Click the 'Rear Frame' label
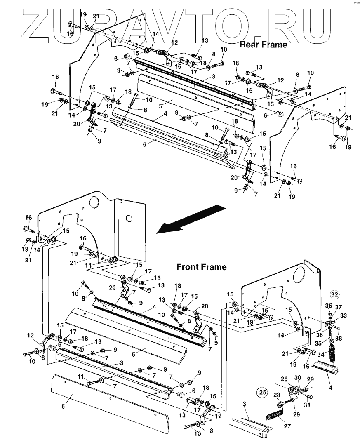264,45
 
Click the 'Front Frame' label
202,267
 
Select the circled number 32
334,294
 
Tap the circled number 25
263,392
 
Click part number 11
81,377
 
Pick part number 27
287,426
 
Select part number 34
321,355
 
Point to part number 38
339,339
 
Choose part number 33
344,315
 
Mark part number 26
284,379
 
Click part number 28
277,395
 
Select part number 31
307,405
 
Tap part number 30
298,377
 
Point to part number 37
338,307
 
